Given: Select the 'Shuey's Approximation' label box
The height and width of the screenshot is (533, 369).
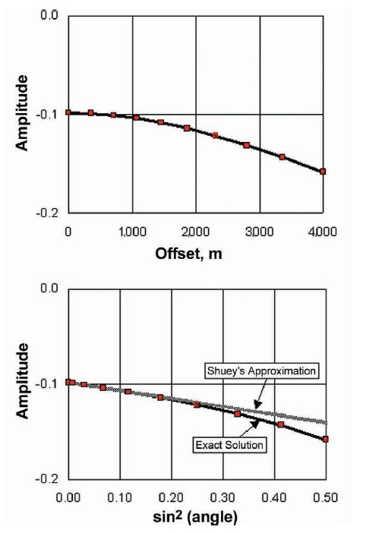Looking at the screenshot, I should [x=262, y=371].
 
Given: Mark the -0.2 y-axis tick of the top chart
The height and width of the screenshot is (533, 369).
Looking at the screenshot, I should [x=48, y=213].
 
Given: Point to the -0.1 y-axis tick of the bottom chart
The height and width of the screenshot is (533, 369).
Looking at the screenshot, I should [x=48, y=384].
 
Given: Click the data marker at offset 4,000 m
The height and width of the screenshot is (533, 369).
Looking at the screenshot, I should [x=323, y=172].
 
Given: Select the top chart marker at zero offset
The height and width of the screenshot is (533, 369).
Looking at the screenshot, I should [x=68, y=112].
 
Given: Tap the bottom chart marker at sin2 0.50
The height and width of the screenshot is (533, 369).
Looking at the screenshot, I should [x=326, y=439].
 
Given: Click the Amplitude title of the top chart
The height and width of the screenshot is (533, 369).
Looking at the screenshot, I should [x=25, y=113].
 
